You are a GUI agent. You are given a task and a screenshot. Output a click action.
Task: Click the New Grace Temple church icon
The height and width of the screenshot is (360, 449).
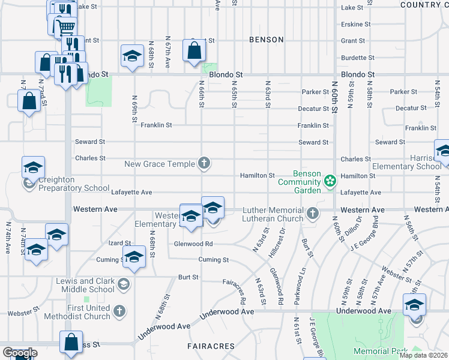click(x=204, y=163)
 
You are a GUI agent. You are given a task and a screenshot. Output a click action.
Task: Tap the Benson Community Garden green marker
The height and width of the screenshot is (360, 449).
click(x=330, y=180)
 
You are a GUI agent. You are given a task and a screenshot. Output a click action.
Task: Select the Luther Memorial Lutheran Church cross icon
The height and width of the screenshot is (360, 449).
click(x=312, y=213)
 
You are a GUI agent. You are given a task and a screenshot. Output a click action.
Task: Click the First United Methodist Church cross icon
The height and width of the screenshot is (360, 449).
click(x=119, y=311)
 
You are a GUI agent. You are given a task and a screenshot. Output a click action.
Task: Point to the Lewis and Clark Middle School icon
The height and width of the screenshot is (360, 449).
click(x=124, y=283)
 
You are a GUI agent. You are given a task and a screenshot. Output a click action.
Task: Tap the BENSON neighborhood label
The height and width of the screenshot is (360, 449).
click(x=267, y=40)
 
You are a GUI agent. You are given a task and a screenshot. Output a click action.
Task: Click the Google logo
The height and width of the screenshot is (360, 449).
click(x=20, y=353)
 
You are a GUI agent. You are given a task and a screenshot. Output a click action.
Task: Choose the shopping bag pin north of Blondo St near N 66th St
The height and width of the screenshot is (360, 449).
click(x=194, y=52)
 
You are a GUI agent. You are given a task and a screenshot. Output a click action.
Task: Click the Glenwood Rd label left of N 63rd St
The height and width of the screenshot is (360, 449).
click(x=193, y=244)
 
